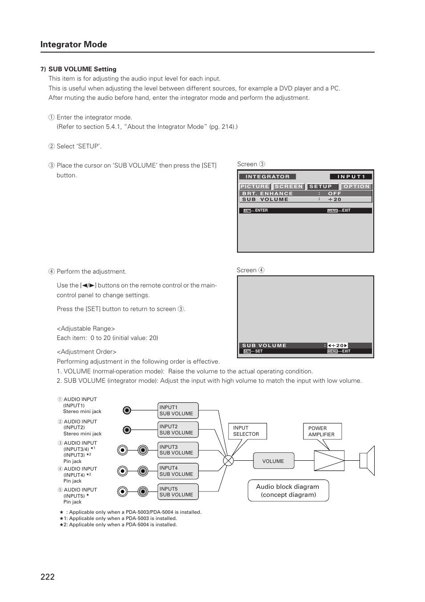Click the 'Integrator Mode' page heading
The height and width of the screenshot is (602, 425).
74,45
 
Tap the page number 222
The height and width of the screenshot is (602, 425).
47,577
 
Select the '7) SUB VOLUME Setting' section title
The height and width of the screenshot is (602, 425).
78,69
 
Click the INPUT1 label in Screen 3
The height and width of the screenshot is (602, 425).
351,177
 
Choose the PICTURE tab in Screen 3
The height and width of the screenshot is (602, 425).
255,187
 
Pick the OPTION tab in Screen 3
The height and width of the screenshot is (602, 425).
356,187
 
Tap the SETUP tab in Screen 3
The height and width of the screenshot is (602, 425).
321,187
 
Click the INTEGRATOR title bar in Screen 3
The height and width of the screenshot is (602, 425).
268,177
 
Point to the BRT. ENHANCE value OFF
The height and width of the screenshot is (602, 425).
335,194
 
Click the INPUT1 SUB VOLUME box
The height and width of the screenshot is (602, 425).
178,410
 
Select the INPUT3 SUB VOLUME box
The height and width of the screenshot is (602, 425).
178,450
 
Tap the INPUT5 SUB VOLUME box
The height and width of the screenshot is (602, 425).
178,492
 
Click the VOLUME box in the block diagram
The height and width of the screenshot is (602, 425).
274,461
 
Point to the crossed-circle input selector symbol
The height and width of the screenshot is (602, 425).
228,461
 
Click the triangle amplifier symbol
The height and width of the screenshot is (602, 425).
329,461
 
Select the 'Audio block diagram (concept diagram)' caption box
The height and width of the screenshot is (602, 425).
288,491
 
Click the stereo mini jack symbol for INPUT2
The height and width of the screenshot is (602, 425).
127,430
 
